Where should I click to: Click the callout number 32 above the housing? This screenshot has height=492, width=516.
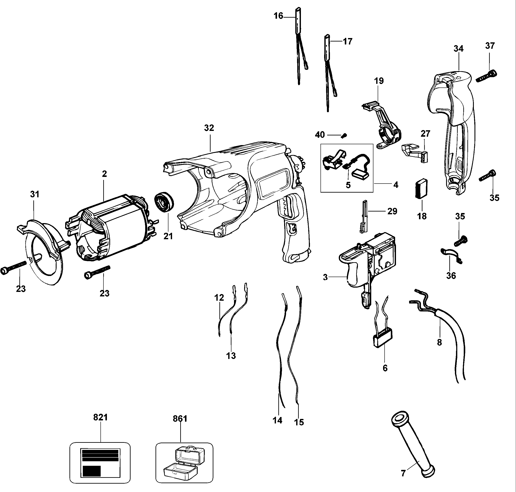[x=209, y=128]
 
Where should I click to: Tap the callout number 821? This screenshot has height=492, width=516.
[x=100, y=417]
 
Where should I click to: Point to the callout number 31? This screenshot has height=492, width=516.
[x=35, y=194]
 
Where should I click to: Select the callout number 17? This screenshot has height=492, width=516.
[x=348, y=41]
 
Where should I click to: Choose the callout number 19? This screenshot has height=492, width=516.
[x=379, y=81]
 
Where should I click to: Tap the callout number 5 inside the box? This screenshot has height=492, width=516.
[x=348, y=185]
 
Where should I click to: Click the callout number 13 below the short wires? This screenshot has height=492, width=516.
[x=231, y=356]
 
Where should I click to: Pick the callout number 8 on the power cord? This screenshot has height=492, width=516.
[x=439, y=342]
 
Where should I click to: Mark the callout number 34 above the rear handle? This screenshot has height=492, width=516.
[x=459, y=49]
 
